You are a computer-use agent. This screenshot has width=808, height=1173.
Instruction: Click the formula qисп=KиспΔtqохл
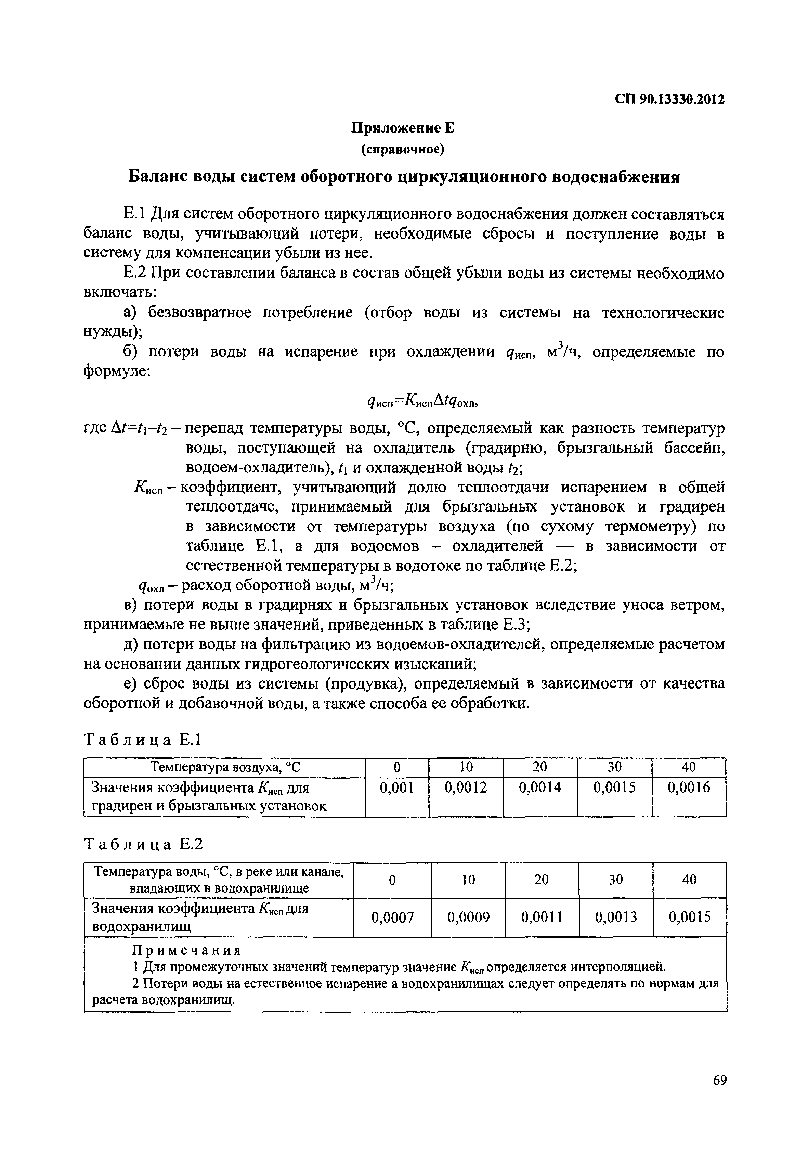[421, 402]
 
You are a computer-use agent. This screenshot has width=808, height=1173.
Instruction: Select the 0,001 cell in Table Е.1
[397, 787]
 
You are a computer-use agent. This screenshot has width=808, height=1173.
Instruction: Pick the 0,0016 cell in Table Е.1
[689, 787]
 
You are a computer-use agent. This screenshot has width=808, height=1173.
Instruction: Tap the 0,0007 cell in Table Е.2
[392, 917]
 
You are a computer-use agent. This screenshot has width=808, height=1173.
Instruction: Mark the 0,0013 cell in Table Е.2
[616, 917]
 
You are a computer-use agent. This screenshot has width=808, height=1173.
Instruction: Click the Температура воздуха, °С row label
[225, 767]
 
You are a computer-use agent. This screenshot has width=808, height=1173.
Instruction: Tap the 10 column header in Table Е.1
[466, 767]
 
